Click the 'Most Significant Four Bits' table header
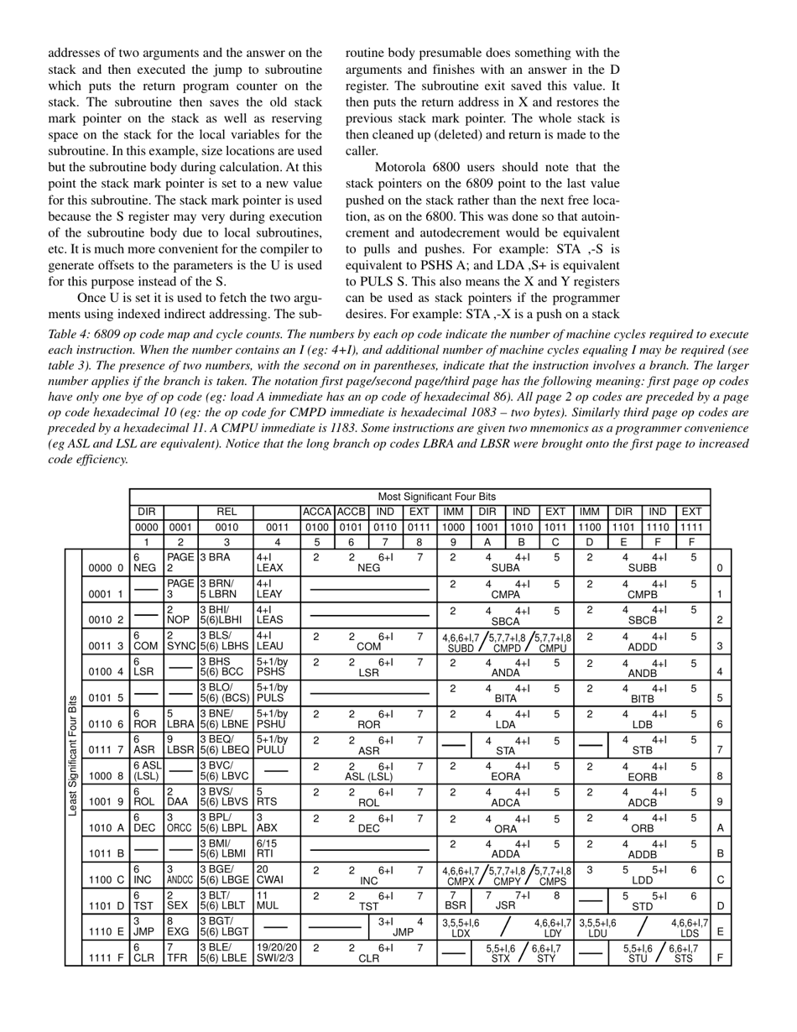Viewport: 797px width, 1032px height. click(x=436, y=497)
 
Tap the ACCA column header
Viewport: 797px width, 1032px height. click(x=317, y=511)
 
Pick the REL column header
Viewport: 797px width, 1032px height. click(x=226, y=511)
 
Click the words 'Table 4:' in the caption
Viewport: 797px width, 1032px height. click(x=71, y=334)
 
